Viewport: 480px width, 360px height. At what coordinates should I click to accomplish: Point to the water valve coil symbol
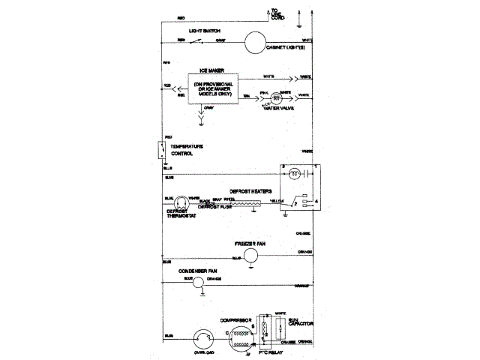(x=276, y=97)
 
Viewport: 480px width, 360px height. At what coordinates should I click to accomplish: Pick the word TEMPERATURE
(x=187, y=145)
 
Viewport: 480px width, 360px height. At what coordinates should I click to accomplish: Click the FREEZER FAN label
(x=250, y=244)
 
